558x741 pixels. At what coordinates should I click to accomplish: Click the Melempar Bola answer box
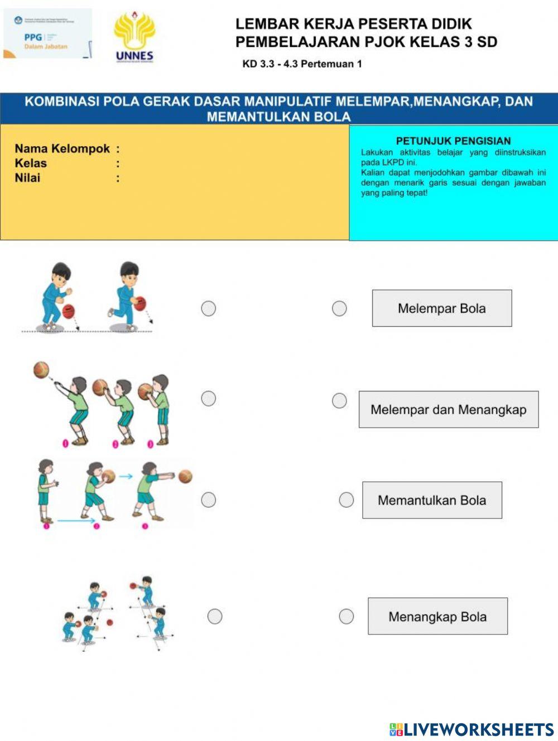click(x=441, y=308)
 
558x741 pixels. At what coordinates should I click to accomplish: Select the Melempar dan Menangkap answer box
click(x=448, y=410)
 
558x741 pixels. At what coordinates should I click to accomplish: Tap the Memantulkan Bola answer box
click(x=432, y=500)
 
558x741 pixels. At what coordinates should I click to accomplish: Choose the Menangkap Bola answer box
click(x=437, y=616)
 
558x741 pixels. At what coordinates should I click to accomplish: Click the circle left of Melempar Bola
click(x=339, y=308)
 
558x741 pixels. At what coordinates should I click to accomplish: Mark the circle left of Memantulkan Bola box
click(x=347, y=500)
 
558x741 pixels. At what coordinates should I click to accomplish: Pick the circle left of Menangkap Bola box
click(x=347, y=616)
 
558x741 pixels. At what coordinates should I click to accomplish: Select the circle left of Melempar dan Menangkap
click(x=339, y=400)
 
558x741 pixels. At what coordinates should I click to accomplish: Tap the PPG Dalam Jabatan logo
click(x=47, y=34)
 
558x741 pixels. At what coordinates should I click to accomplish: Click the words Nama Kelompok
click(x=62, y=149)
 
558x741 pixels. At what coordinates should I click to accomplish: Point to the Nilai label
click(x=27, y=178)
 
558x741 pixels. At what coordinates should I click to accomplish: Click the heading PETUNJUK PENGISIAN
click(x=453, y=141)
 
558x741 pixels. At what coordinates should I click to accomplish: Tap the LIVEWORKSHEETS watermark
click(x=472, y=729)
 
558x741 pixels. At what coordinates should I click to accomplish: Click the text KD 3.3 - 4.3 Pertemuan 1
click(x=302, y=64)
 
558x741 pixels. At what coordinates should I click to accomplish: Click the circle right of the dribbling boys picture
click(x=209, y=308)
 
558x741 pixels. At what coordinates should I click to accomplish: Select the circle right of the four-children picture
click(x=215, y=616)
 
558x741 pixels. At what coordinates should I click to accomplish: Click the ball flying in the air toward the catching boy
click(x=41, y=370)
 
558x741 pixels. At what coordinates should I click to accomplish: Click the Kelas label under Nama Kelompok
click(x=31, y=163)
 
